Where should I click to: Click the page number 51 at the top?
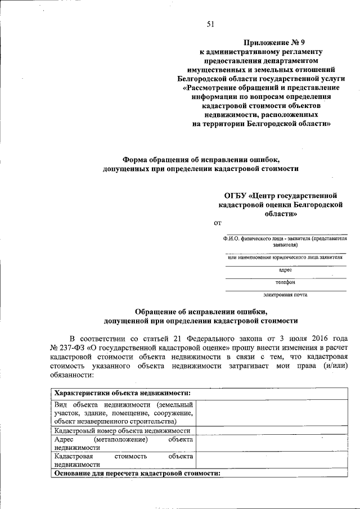pyautogui.click(x=211, y=23)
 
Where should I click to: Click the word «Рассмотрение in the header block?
pyautogui.click(x=210, y=88)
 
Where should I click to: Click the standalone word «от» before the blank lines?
pyautogui.click(x=218, y=224)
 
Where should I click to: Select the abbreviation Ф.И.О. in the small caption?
pyautogui.click(x=231, y=239)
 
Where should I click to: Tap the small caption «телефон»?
pyautogui.click(x=286, y=282)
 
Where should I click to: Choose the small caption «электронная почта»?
pyautogui.click(x=286, y=294)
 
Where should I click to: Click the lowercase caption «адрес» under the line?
pyautogui.click(x=286, y=270)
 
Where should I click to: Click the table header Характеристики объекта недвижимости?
pyautogui.click(x=121, y=393)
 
